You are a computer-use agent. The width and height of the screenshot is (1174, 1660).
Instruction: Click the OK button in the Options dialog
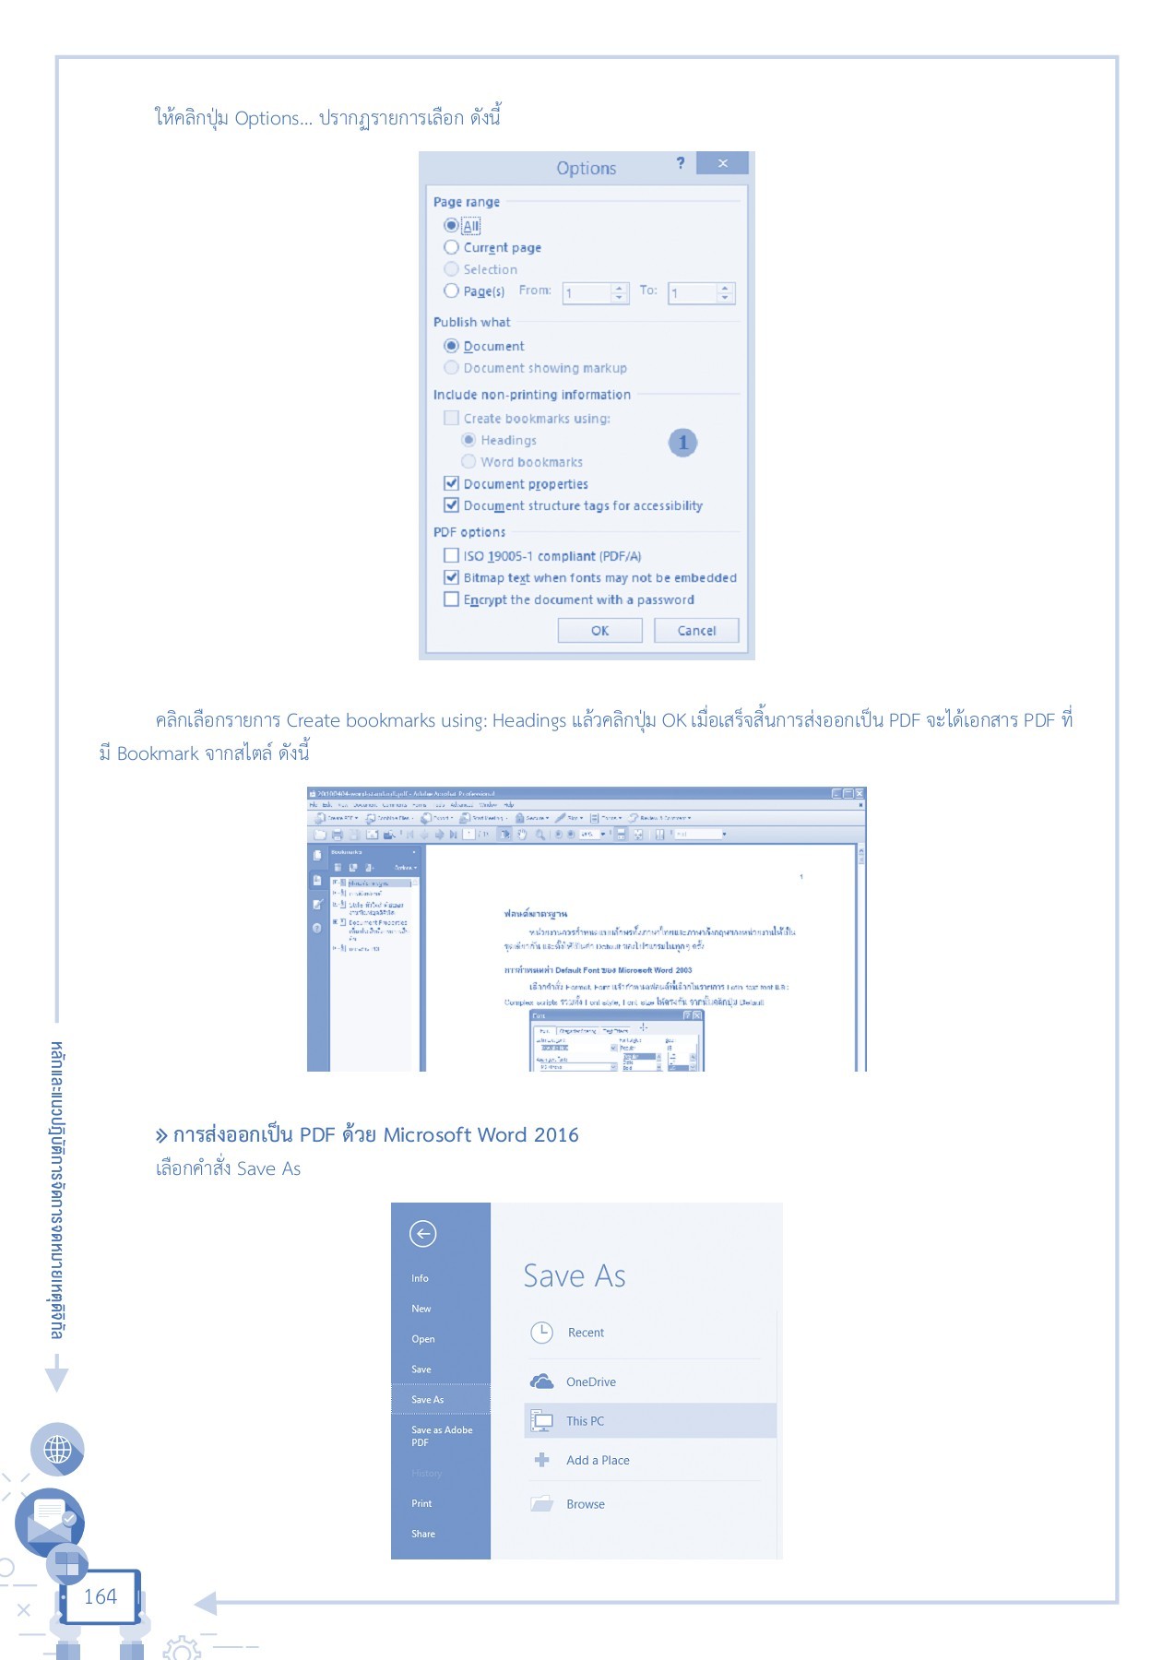point(599,631)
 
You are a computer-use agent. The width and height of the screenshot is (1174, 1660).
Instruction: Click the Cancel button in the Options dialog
point(696,631)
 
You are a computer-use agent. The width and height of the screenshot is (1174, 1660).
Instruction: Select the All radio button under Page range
point(451,225)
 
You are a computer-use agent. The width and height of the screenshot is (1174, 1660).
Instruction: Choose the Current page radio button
point(451,247)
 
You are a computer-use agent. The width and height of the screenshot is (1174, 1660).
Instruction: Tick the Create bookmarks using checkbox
point(451,418)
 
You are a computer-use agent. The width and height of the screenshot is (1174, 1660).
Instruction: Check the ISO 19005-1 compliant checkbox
point(451,555)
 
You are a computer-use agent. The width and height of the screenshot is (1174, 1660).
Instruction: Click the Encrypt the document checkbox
point(451,599)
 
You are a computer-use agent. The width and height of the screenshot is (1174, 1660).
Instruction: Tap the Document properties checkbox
point(451,483)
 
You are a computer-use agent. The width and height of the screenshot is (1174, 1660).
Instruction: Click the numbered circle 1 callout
point(682,443)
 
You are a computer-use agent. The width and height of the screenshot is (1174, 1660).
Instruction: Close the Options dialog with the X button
point(722,163)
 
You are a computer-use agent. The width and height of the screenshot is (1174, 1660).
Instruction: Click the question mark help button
point(681,163)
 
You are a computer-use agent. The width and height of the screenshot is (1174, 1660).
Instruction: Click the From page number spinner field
point(587,293)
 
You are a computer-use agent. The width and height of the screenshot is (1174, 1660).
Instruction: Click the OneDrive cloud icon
point(541,1381)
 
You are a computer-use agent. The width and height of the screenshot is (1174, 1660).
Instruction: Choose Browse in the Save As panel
point(586,1504)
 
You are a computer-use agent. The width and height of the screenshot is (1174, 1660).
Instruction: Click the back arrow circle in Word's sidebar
point(422,1234)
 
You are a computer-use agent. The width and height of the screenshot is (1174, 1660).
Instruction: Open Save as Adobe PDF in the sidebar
point(442,1436)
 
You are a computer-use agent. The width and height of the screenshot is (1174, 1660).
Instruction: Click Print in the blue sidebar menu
point(421,1503)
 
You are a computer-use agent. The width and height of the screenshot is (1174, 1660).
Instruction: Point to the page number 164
point(101,1596)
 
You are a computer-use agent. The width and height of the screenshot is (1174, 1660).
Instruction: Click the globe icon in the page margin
point(57,1450)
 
